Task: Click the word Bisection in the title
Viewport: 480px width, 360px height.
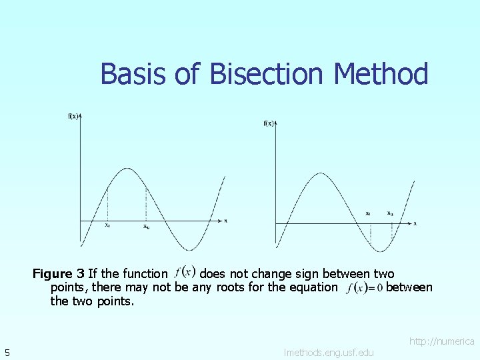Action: tap(271, 74)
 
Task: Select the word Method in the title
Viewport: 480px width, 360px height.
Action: tap(381, 74)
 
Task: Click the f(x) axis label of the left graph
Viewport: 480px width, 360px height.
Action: tap(73, 116)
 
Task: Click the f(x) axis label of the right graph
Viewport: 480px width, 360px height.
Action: tap(269, 123)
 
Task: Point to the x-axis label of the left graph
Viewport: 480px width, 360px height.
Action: tap(225, 220)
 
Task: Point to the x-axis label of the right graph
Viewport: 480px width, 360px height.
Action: tap(415, 223)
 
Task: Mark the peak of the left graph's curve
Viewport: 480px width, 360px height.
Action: tap(127, 169)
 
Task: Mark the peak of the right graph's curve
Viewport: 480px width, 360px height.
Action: tap(316, 175)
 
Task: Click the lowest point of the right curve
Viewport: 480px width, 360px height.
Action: tap(377, 251)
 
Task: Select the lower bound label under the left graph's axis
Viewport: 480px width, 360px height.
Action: tap(107, 225)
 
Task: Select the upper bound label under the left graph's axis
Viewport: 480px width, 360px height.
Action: tap(146, 226)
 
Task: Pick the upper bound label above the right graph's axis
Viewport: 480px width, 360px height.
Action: tap(390, 213)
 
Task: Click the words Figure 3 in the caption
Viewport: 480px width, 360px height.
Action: tap(59, 273)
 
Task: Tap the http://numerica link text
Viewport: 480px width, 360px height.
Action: tap(441, 341)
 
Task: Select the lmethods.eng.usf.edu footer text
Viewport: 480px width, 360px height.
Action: tap(329, 352)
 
